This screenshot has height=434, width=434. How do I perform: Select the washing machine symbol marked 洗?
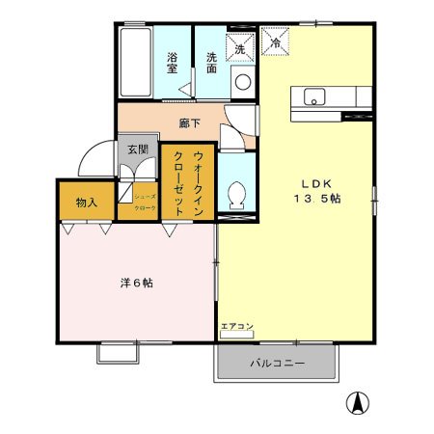coord(240,44)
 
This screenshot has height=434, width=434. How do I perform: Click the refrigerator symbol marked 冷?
coord(275,42)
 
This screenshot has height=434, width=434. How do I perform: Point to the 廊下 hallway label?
coord(190,123)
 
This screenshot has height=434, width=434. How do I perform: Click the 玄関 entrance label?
coord(137,150)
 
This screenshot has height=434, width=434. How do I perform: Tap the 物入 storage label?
coord(87,203)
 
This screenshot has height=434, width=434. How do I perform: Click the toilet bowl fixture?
coord(234,196)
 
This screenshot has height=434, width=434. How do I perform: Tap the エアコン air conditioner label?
coord(236,327)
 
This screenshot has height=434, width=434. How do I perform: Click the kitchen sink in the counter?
coord(313,96)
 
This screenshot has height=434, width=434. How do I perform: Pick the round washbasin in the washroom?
coord(242,81)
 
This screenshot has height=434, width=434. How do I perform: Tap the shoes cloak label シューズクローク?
coord(145,201)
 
